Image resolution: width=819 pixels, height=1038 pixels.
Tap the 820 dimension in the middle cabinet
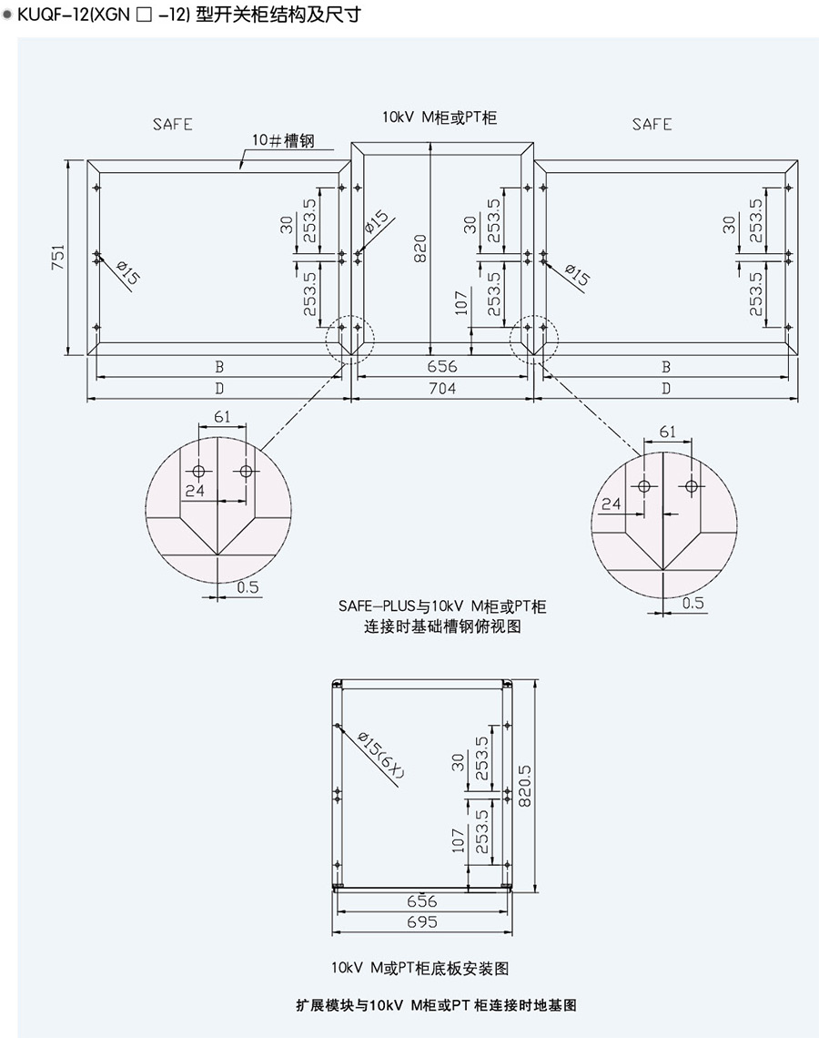pos(420,248)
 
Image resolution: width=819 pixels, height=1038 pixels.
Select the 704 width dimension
pos(441,389)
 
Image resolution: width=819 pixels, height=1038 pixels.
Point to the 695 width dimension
pos(422,921)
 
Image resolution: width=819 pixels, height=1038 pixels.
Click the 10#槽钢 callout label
pos(284,142)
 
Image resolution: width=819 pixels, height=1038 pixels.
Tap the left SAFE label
pos(172,125)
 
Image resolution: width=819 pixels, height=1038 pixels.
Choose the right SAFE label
pos(652,125)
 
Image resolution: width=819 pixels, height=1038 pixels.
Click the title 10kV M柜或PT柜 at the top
pos(440,117)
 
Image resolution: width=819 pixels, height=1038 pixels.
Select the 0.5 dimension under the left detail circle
pos(248,587)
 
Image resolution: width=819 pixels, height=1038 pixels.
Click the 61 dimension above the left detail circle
pos(222,417)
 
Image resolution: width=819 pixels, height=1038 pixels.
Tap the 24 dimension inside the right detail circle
pos(612,504)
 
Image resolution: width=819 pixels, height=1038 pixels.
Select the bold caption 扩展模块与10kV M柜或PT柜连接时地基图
pos(436,1005)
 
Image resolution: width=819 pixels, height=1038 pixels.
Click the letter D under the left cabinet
pos(218,389)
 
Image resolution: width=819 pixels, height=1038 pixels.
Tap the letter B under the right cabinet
pos(666,367)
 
